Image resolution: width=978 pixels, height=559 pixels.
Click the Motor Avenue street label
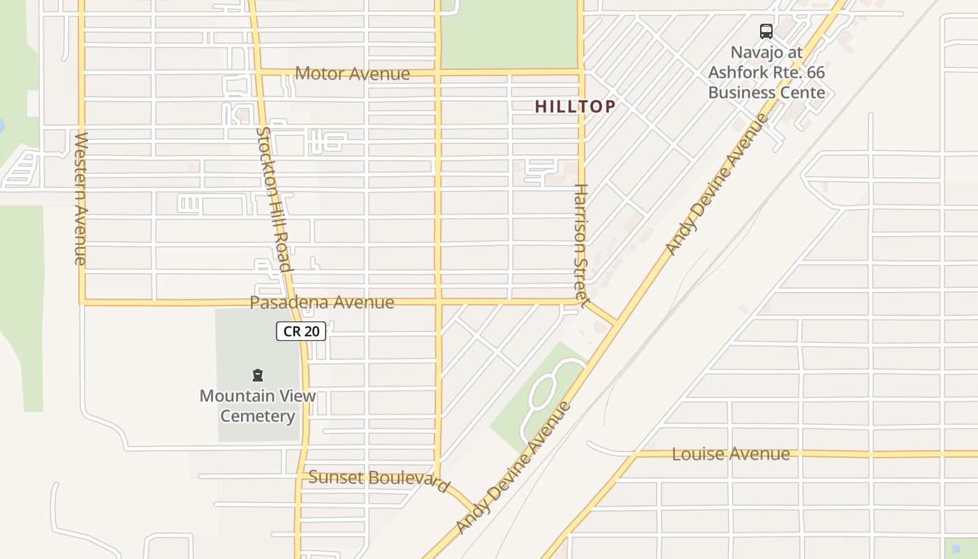tap(352, 73)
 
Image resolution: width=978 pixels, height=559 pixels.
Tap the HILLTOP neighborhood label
tap(575, 106)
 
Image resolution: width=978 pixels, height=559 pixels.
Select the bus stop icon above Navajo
tap(766, 31)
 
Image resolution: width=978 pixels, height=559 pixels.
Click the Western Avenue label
tap(80, 198)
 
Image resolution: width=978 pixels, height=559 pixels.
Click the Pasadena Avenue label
tap(322, 303)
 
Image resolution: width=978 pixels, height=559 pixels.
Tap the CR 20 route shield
tap(301, 331)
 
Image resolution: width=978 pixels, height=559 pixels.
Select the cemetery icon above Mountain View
tap(258, 375)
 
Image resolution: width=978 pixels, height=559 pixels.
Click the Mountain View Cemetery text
tap(258, 406)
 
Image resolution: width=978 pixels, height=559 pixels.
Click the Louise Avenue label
tap(731, 454)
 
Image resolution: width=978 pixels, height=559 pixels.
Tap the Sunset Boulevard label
tap(379, 480)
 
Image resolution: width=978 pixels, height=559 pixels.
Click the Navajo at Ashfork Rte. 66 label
tap(766, 72)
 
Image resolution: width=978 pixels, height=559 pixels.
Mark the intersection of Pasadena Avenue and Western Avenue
tap(82, 303)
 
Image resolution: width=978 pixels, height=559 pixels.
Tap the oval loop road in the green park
tap(542, 391)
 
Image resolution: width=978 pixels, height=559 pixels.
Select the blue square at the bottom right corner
tap(960, 548)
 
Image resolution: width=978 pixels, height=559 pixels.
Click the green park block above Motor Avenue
tap(509, 35)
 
